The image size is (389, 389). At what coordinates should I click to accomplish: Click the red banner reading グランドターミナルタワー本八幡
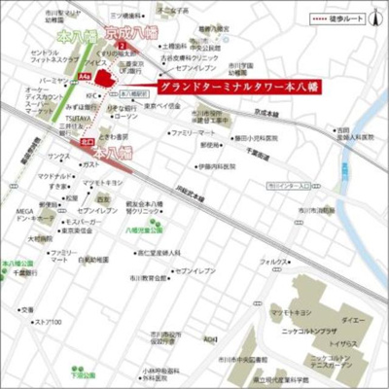coord(232,86)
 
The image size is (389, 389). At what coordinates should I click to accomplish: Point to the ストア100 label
coord(48,322)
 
